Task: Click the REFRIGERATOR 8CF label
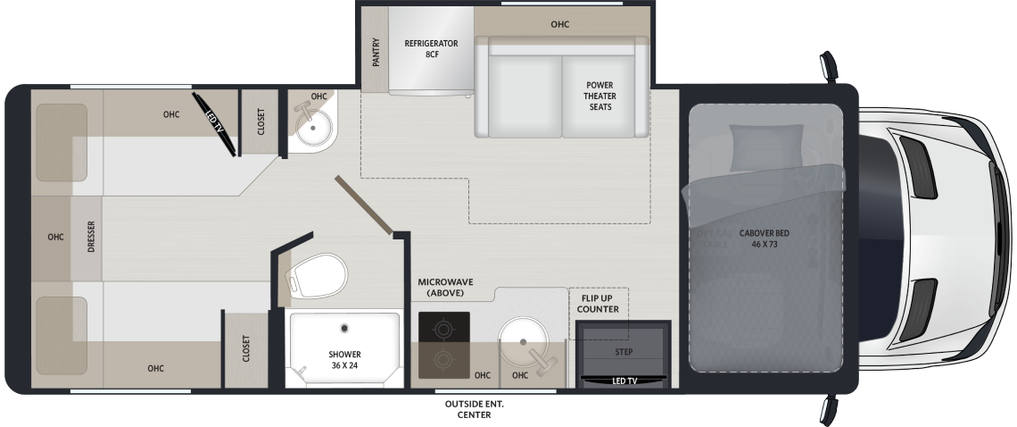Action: pyautogui.click(x=431, y=49)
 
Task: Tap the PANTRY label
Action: pyautogui.click(x=376, y=52)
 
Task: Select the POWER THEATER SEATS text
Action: pyautogui.click(x=600, y=96)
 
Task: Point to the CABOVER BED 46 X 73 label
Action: pyautogui.click(x=764, y=239)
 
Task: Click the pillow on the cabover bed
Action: pyautogui.click(x=766, y=147)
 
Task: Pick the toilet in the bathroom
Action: pyautogui.click(x=317, y=275)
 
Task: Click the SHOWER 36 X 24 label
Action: pyautogui.click(x=344, y=359)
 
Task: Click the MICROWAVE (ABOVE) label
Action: pyautogui.click(x=445, y=288)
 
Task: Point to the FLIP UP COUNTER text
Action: pyautogui.click(x=598, y=304)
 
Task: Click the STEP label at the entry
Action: pyautogui.click(x=624, y=352)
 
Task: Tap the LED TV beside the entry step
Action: pyautogui.click(x=624, y=381)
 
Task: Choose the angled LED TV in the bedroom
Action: pyautogui.click(x=214, y=124)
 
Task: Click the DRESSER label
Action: pyautogui.click(x=91, y=237)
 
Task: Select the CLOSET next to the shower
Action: pyautogui.click(x=246, y=349)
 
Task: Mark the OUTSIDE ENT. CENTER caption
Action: pyautogui.click(x=474, y=409)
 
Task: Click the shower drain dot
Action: pyautogui.click(x=344, y=328)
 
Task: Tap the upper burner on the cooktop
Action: pyautogui.click(x=443, y=329)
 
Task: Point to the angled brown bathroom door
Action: pyautogui.click(x=364, y=204)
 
